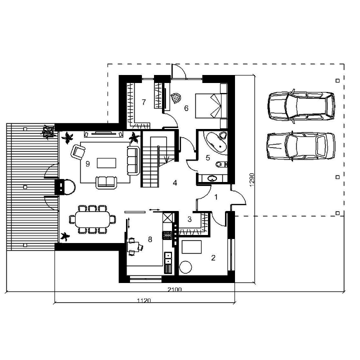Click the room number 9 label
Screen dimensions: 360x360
pyautogui.click(x=87, y=164)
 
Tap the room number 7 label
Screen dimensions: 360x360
pyautogui.click(x=143, y=102)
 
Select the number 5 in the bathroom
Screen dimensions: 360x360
pyautogui.click(x=208, y=157)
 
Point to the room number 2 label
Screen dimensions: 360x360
pyautogui.click(x=213, y=258)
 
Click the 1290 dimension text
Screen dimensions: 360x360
pyautogui.click(x=252, y=180)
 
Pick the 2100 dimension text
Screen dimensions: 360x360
pyautogui.click(x=174, y=289)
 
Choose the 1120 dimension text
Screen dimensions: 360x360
pyautogui.click(x=144, y=300)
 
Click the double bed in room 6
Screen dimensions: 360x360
pyautogui.click(x=211, y=106)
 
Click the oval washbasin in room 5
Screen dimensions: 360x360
pyautogui.click(x=212, y=178)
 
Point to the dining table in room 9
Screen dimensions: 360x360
pyautogui.click(x=92, y=219)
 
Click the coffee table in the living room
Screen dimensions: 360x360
pyautogui.click(x=106, y=163)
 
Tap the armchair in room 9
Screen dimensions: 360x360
pyautogui.click(x=78, y=152)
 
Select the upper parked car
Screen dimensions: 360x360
pyautogui.click(x=301, y=106)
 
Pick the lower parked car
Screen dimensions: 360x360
pyautogui.click(x=301, y=146)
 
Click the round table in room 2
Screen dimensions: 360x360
pyautogui.click(x=185, y=267)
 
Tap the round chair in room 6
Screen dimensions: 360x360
pyautogui.click(x=176, y=98)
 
